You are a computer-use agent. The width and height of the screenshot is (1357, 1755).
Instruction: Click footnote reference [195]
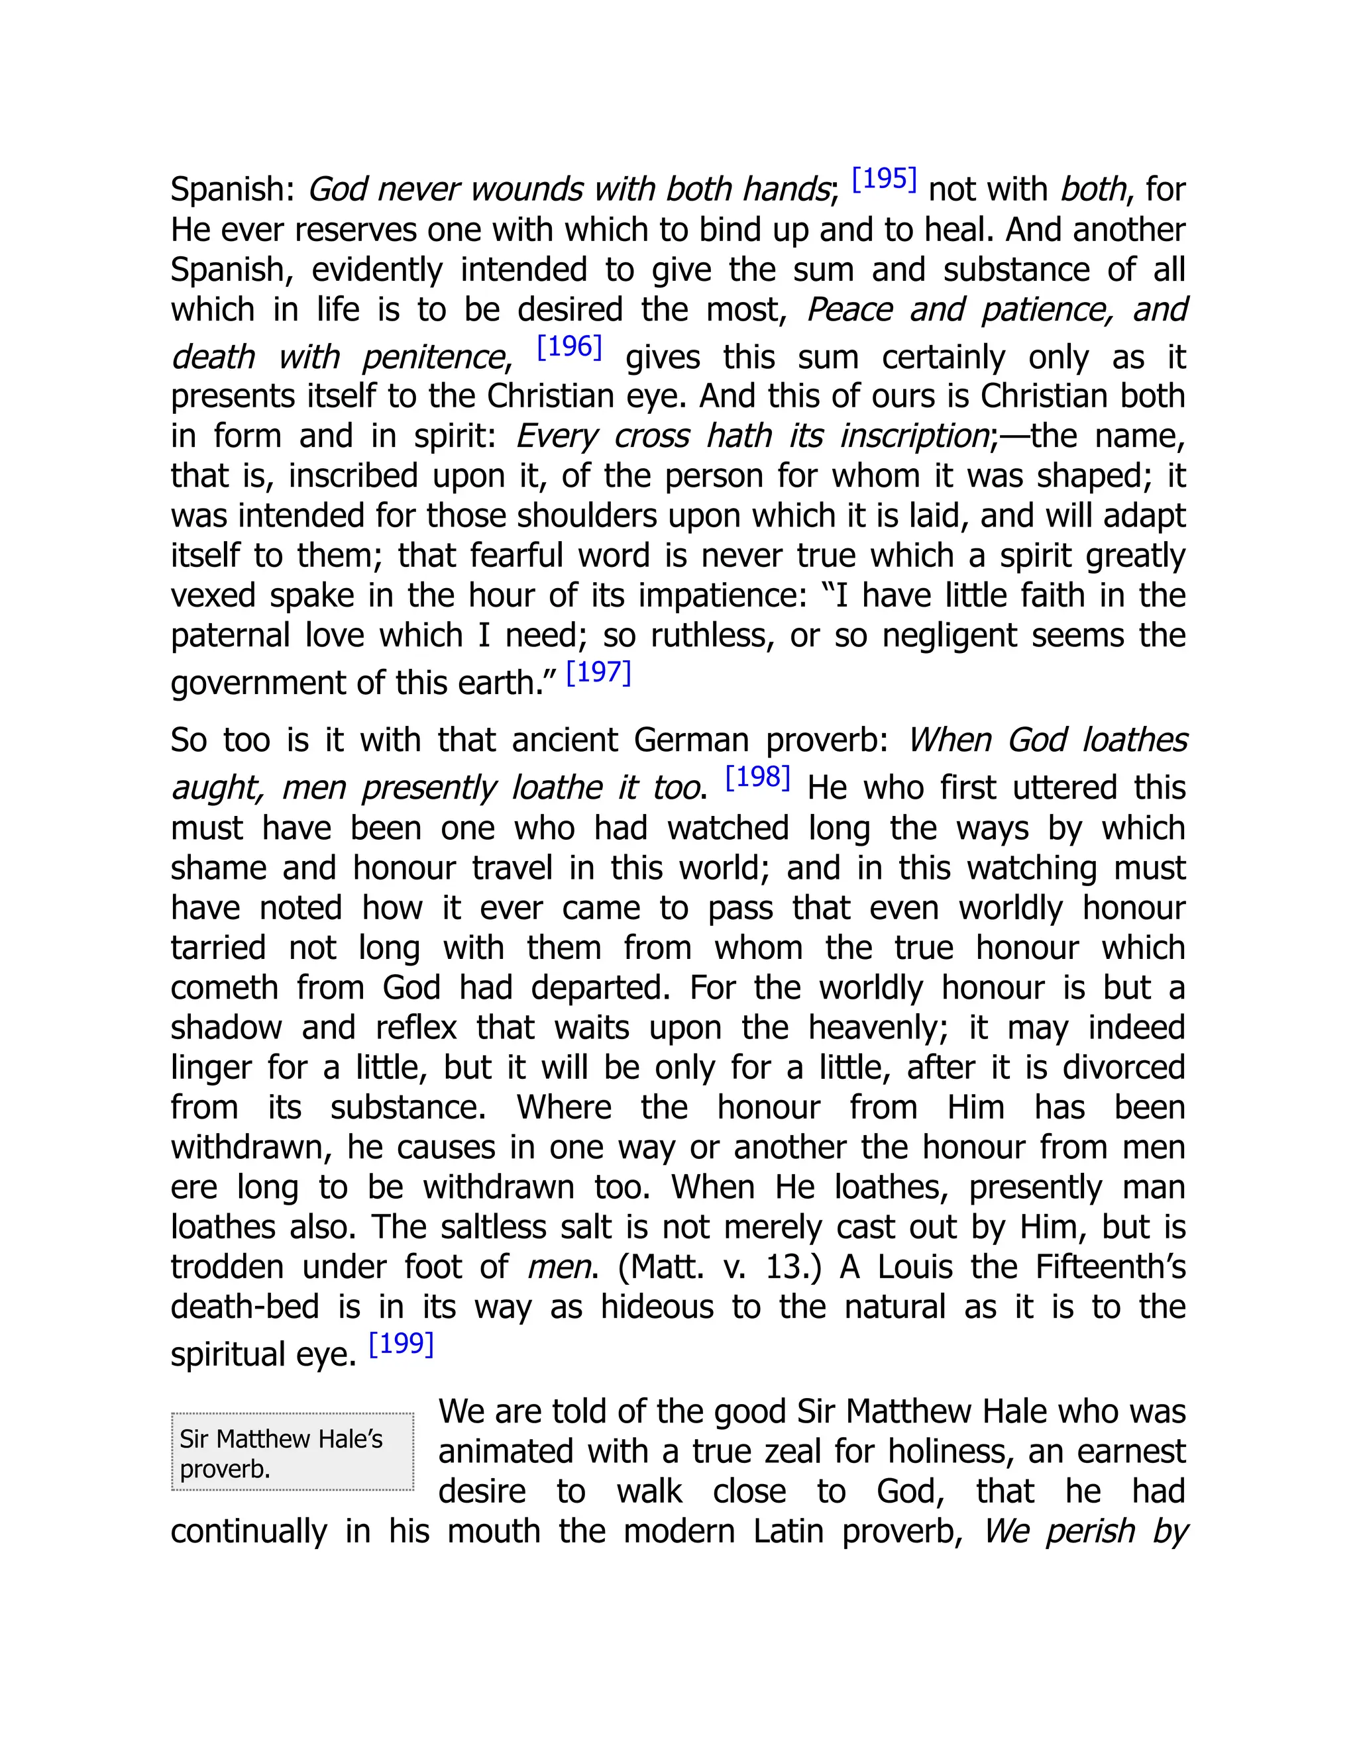pyautogui.click(x=883, y=179)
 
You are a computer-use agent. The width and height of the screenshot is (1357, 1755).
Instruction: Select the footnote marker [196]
pyautogui.click(x=569, y=347)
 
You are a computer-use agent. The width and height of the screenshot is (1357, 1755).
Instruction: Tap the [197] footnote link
pyautogui.click(x=599, y=673)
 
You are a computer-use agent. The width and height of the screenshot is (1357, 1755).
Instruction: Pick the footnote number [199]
pyautogui.click(x=401, y=1344)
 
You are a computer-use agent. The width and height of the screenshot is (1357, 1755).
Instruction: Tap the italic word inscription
pyautogui.click(x=913, y=436)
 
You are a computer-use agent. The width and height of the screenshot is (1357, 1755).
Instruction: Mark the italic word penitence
pyautogui.click(x=433, y=358)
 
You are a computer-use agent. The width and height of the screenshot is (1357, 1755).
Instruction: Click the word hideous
pyautogui.click(x=657, y=1307)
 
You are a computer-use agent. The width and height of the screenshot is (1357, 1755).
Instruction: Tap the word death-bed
pyautogui.click(x=245, y=1307)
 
